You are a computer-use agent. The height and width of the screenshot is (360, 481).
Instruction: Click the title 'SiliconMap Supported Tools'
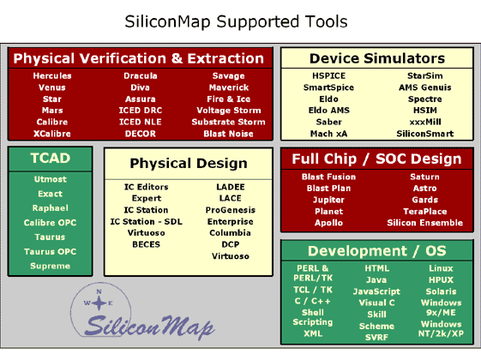coord(236,22)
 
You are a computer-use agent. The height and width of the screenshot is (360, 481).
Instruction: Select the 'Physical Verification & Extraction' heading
coord(139,58)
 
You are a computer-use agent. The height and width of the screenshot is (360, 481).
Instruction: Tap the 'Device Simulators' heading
coord(377,58)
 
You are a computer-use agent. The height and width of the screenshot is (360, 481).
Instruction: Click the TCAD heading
coord(51,159)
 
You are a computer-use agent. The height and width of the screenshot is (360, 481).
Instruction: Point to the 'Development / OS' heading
coord(377,251)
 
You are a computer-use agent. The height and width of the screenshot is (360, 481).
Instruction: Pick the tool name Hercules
coord(52,75)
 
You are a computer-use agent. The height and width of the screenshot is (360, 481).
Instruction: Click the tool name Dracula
coord(141,75)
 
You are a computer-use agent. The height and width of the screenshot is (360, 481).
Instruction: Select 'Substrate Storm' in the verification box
coord(229,122)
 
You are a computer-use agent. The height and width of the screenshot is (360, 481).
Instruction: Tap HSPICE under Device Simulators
coord(329,75)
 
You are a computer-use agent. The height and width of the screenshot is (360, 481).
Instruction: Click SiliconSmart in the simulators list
coord(425,134)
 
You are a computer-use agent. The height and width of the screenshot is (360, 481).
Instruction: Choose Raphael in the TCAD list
coord(51,208)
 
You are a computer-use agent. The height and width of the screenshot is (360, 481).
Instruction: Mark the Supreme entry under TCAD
coord(51,266)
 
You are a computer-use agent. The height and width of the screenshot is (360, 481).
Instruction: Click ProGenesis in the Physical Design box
coord(231,210)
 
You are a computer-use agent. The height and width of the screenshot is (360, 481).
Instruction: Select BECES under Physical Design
coord(146,244)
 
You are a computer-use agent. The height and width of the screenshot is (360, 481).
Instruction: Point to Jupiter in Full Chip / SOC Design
coord(328,200)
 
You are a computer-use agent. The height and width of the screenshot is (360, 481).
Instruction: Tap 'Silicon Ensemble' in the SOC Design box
coord(425,223)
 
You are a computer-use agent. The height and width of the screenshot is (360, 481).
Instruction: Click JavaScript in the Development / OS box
coord(376,291)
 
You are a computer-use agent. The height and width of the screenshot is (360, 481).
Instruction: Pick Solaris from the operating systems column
coord(441,291)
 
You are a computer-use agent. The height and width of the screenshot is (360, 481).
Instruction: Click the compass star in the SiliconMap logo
coord(99,303)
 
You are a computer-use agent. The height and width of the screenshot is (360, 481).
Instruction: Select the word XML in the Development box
coord(313,333)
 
